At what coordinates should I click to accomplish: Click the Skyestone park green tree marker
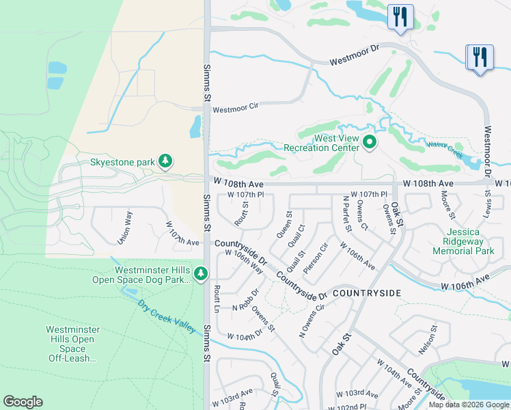pyautogui.click(x=165, y=161)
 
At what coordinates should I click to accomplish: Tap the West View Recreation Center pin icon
pyautogui.click(x=370, y=142)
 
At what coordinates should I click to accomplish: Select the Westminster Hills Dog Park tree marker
pyautogui.click(x=200, y=274)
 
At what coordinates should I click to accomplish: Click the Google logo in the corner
pyautogui.click(x=23, y=402)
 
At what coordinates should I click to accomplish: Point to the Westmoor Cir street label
pyautogui.click(x=236, y=109)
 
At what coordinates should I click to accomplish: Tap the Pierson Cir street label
pyautogui.click(x=316, y=258)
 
